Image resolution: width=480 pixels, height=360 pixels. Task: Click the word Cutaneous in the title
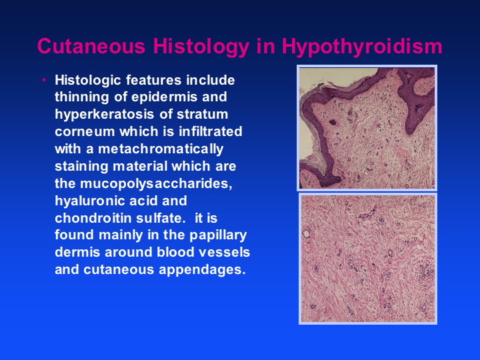tap(91, 46)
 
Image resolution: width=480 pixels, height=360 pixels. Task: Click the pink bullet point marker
tap(44, 80)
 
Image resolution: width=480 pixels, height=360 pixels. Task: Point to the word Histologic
tap(87, 81)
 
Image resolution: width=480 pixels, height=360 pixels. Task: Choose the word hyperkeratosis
tap(105, 115)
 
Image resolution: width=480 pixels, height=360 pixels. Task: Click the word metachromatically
tap(161, 150)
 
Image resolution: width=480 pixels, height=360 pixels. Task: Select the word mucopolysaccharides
tap(156, 184)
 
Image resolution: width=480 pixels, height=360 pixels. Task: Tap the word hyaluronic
tap(90, 201)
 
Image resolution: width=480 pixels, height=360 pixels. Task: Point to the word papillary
tap(218, 236)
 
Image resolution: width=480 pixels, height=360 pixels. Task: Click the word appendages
tap(202, 271)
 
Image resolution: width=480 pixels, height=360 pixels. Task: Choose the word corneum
tap(85, 132)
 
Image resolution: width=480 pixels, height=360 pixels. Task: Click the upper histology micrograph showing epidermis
tap(367, 128)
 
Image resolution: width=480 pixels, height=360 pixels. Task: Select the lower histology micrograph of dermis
tap(367, 259)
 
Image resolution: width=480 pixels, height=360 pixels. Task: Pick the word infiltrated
tap(211, 131)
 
